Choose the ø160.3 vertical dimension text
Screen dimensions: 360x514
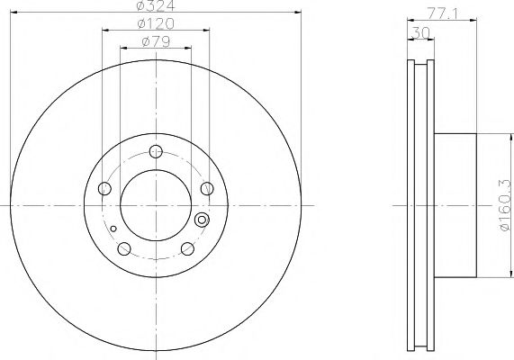pyautogui.click(x=505, y=206)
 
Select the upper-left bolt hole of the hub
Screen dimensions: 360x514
pyautogui.click(x=104, y=188)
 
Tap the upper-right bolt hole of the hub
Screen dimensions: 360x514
pyautogui.click(x=207, y=188)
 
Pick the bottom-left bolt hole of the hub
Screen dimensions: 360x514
pyautogui.click(x=125, y=249)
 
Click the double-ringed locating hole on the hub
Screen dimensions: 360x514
pyautogui.click(x=202, y=219)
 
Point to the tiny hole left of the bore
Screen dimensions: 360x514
pyautogui.click(x=113, y=229)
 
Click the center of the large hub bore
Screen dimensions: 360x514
pyautogui.click(x=156, y=206)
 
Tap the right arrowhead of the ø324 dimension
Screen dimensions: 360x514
pyautogui.click(x=297, y=13)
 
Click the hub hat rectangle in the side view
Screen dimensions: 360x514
pyautogui.click(x=455, y=206)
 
